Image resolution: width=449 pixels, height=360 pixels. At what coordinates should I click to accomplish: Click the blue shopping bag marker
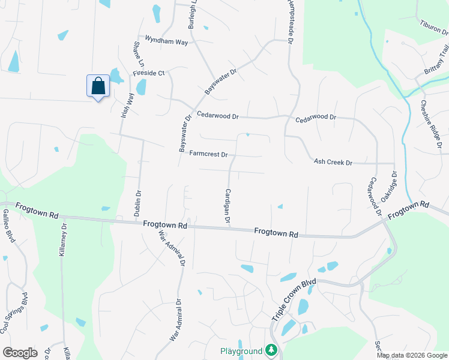tap(98, 86)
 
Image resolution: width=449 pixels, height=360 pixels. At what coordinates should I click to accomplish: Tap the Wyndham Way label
tap(163, 41)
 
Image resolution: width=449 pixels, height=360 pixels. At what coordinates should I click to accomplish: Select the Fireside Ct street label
tap(148, 73)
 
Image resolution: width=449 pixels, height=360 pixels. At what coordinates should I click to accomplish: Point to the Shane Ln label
tap(139, 54)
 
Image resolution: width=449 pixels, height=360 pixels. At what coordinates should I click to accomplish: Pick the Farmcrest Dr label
tap(208, 154)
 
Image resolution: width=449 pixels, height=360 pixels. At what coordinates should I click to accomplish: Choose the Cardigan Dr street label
tap(228, 206)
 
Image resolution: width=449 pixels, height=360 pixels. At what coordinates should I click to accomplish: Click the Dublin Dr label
tap(138, 203)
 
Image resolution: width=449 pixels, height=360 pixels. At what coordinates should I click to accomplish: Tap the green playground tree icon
tap(271, 350)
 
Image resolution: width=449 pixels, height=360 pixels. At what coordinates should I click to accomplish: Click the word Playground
tap(241, 350)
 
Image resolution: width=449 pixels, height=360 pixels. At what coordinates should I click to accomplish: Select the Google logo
tap(20, 353)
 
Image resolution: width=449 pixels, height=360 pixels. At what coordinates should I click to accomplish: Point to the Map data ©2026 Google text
tap(412, 355)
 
